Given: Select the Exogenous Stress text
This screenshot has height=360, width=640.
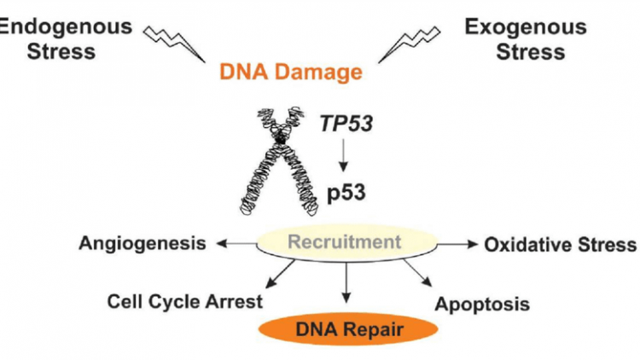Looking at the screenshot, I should coord(526,38).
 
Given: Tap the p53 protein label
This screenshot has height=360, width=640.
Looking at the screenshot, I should coord(346,191).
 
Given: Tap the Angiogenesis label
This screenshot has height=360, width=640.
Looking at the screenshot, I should coord(142,244).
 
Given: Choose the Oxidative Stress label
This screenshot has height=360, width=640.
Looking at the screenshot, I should coord(560,245).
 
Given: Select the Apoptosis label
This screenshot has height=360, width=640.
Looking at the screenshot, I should coord(482,303).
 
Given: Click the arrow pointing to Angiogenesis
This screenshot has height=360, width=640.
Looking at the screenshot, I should coord(235,244).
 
